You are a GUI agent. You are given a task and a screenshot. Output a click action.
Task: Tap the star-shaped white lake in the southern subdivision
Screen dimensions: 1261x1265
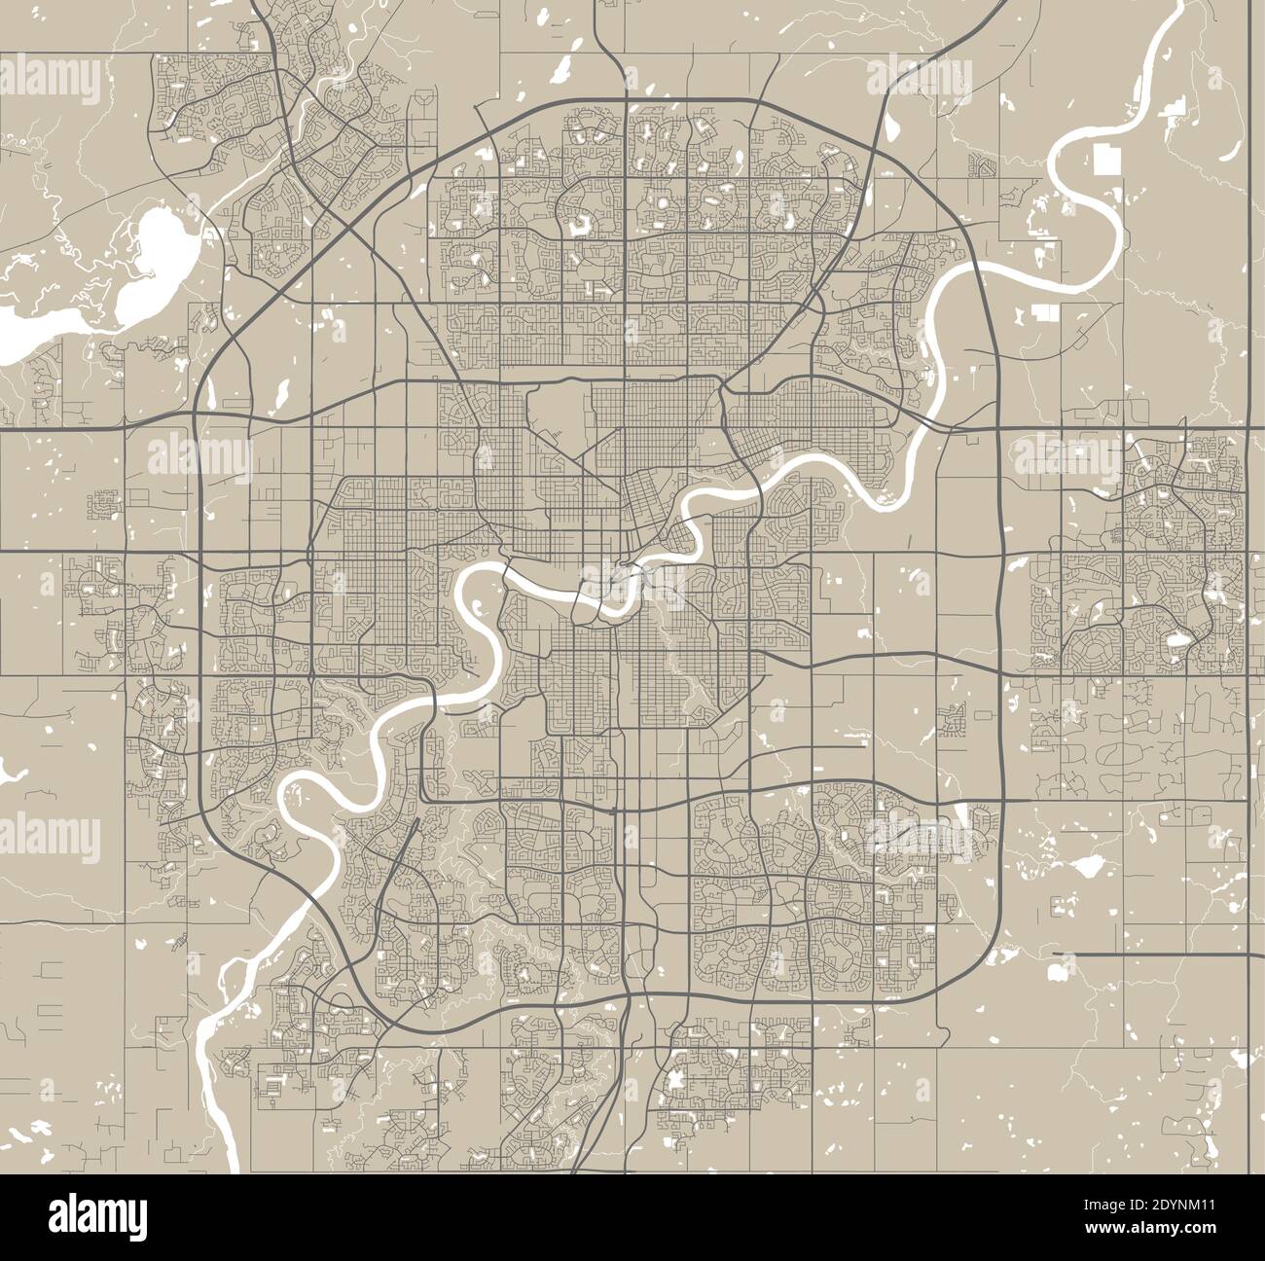tap(675, 1080)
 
